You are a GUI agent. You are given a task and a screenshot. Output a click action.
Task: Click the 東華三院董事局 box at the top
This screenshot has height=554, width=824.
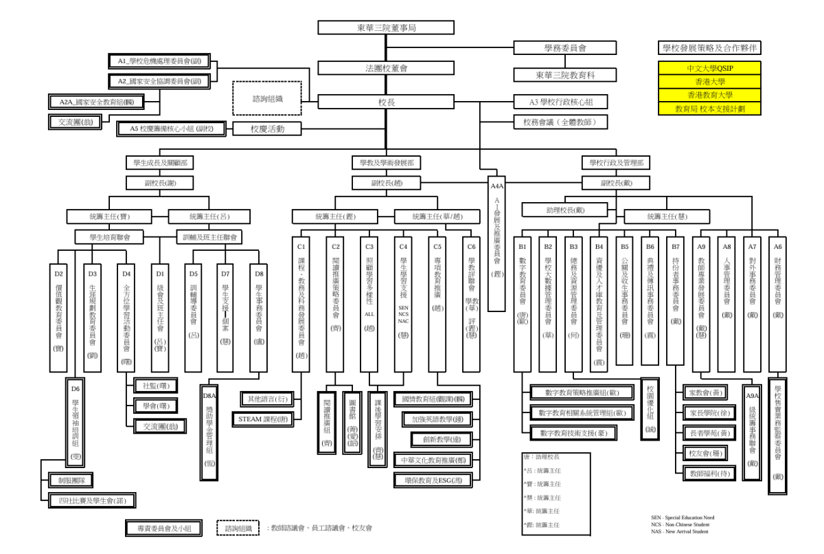[x=386, y=27]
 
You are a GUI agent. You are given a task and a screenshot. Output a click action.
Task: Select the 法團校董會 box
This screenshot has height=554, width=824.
[x=386, y=68]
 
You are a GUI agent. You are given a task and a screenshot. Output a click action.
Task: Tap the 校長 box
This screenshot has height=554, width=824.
[x=386, y=102]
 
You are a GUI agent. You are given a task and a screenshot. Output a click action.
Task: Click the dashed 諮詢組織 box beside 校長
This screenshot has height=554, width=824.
[x=266, y=99]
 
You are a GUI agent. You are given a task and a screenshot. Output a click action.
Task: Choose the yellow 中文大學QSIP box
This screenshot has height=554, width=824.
[x=710, y=69]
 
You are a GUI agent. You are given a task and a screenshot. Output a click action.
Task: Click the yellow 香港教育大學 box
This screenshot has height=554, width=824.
[x=710, y=95]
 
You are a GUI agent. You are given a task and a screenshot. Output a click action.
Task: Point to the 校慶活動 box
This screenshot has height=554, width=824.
[x=266, y=129]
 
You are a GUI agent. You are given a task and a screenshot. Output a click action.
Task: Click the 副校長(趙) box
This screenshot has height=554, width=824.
[x=386, y=184]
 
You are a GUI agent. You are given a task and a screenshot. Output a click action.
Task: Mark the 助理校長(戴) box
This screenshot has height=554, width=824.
[x=565, y=210]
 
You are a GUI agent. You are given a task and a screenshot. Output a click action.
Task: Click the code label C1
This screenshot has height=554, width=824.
[x=300, y=245]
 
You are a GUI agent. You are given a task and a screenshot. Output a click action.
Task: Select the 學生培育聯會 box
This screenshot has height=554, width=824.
[x=112, y=237]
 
